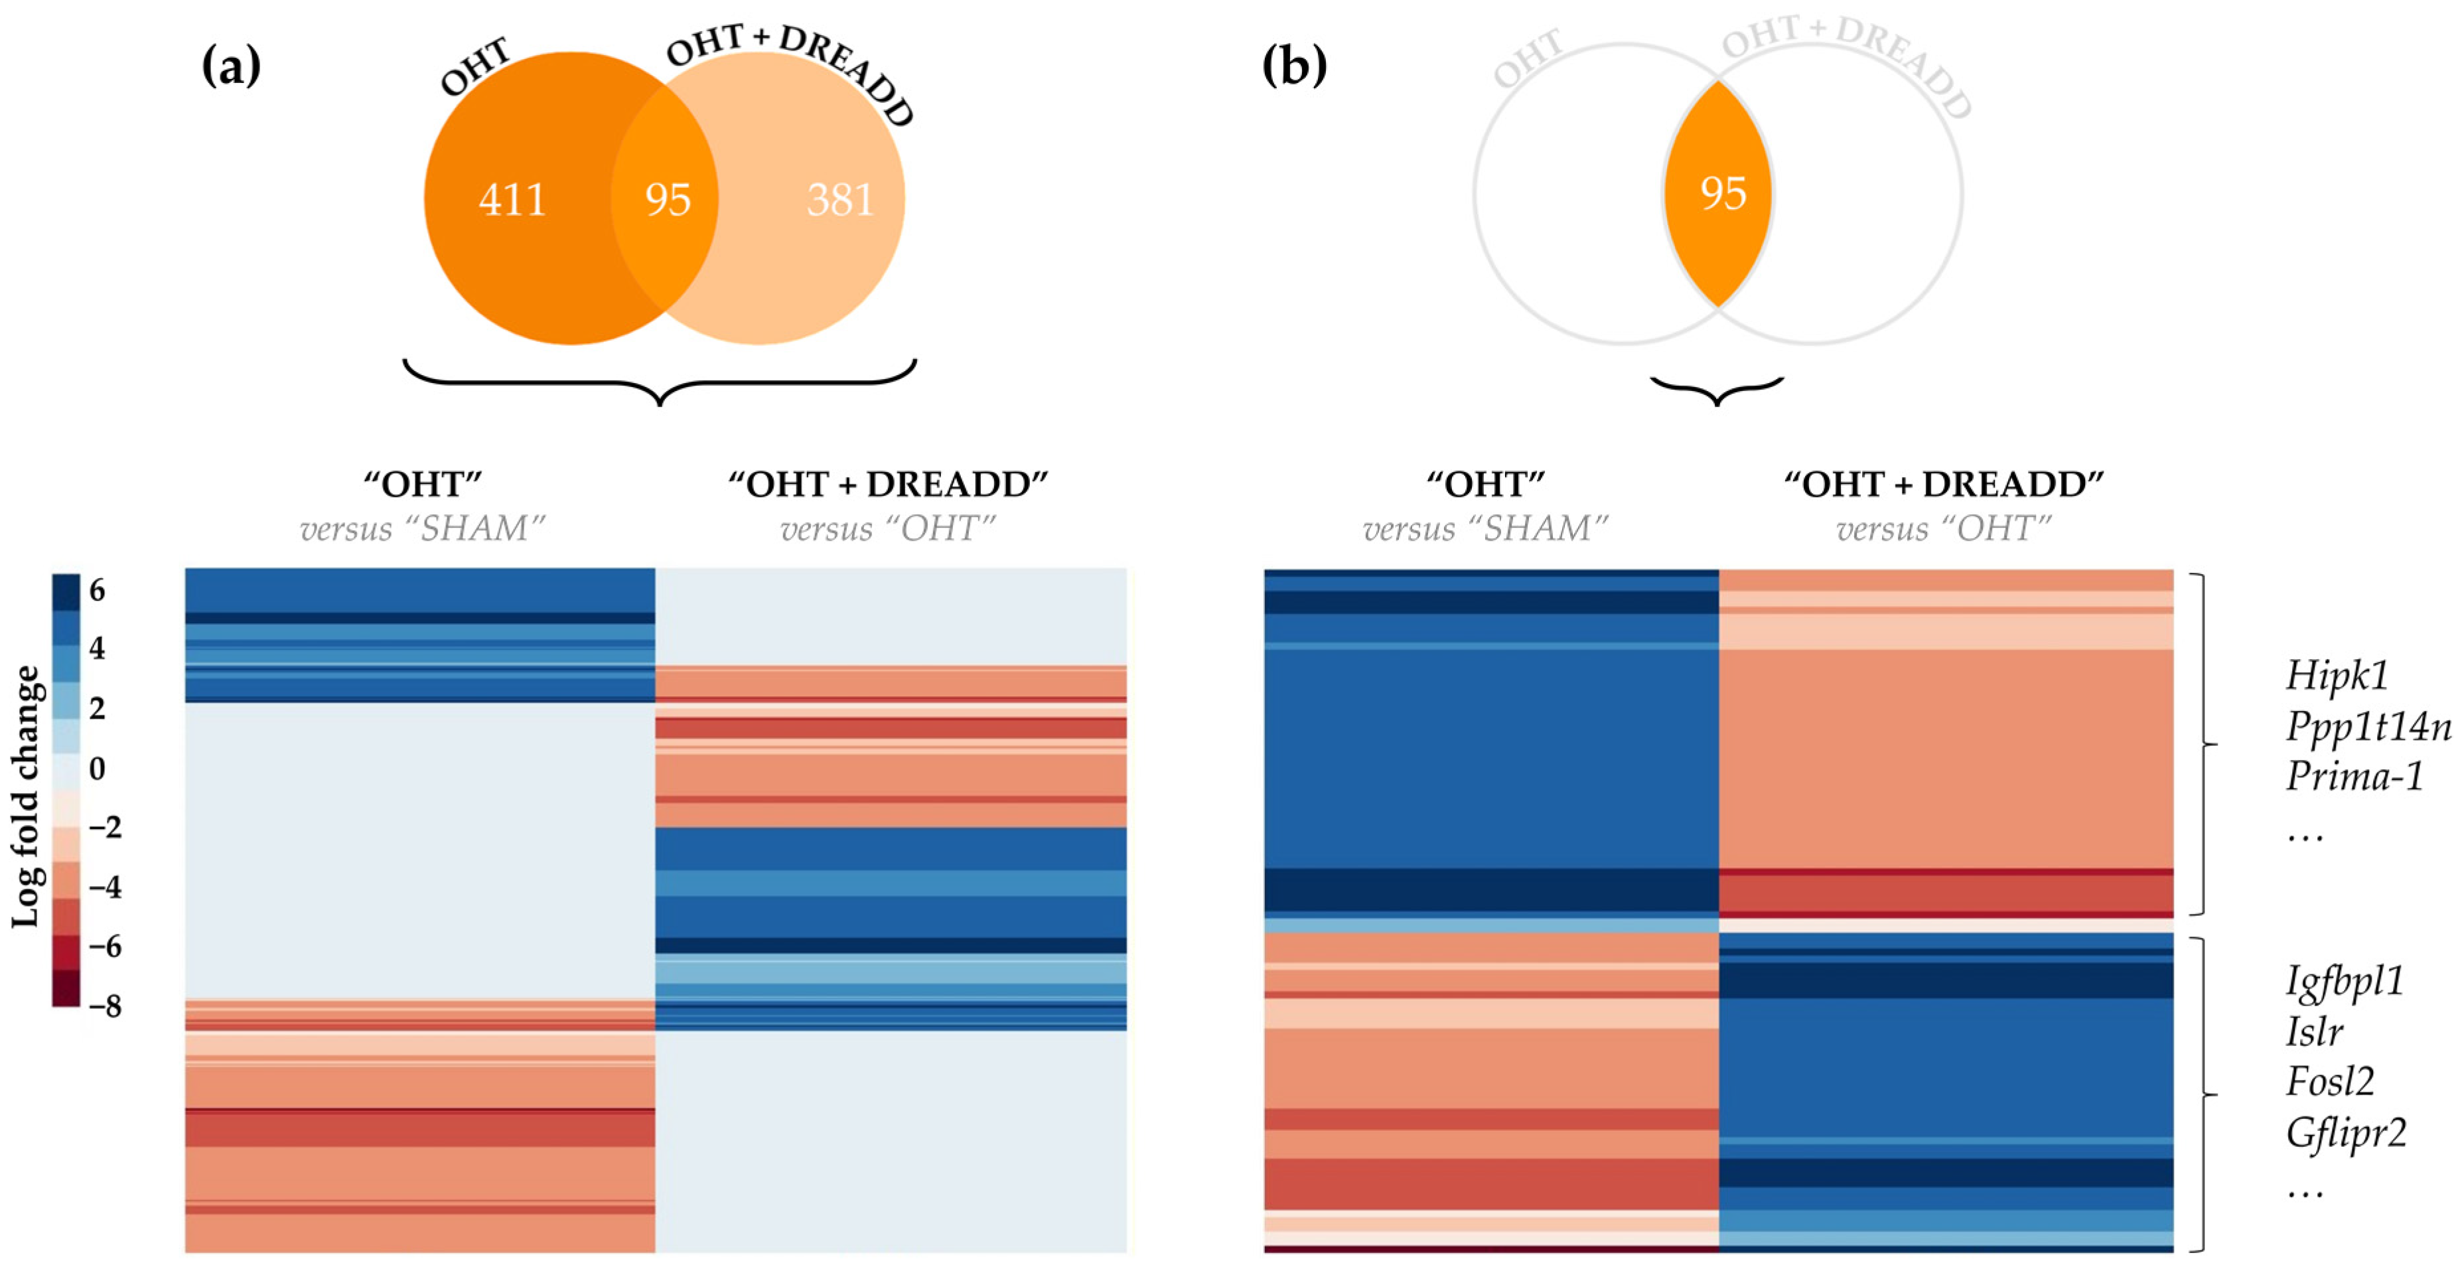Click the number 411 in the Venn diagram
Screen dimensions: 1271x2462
click(512, 200)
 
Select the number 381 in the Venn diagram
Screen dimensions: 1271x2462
click(840, 200)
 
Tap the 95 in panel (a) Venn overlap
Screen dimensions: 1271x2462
click(667, 200)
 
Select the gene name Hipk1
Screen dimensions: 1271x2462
click(2337, 676)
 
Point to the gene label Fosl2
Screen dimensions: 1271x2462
click(2330, 1082)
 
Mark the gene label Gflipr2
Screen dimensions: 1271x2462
click(2345, 1134)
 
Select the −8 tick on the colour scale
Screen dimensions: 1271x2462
click(105, 1006)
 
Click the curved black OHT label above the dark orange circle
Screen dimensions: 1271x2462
click(475, 67)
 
